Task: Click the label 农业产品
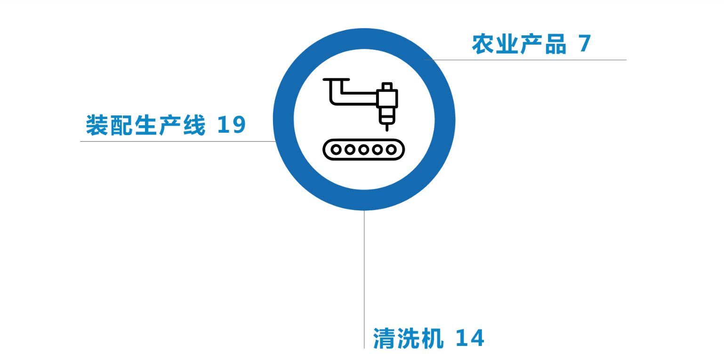tap(519, 44)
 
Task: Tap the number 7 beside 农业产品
tap(585, 44)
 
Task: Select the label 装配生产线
tap(146, 126)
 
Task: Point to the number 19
tap(232, 126)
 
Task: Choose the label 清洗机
tap(409, 338)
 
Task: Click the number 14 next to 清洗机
tap(470, 338)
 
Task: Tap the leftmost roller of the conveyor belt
tap(336, 150)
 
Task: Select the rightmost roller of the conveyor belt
tap(391, 150)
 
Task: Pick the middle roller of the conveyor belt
tap(363, 150)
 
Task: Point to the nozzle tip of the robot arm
tap(387, 128)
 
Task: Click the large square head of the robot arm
tap(387, 99)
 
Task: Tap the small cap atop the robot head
tap(387, 86)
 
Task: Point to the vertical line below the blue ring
tap(364, 282)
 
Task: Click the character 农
tap(483, 44)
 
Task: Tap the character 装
tap(97, 126)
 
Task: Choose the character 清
tap(385, 338)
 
